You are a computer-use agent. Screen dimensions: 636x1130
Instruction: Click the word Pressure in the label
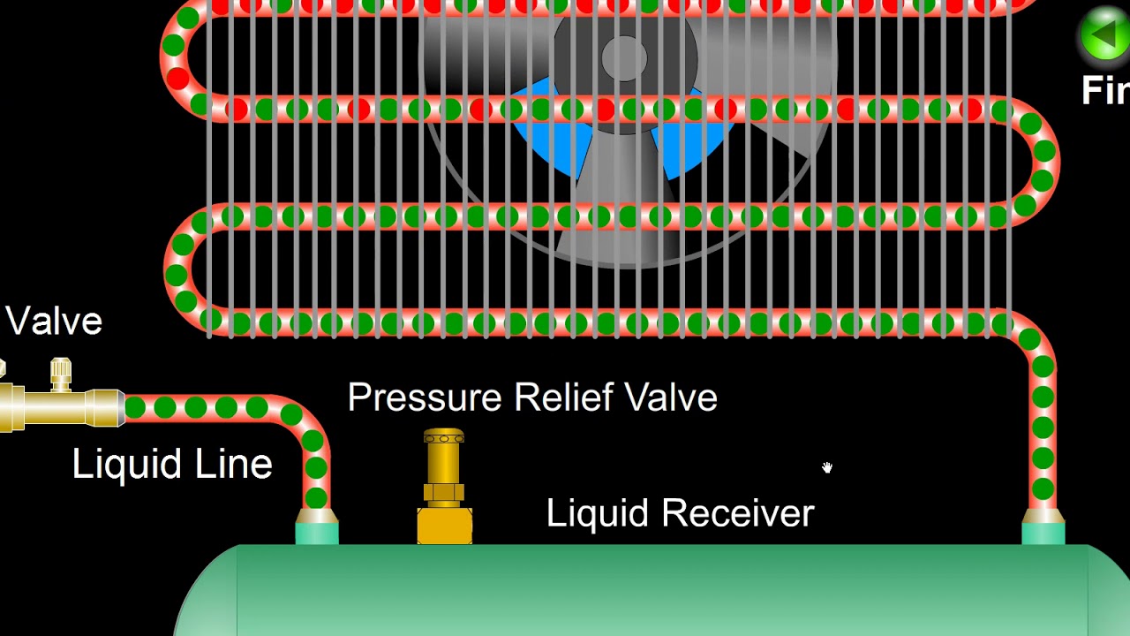[x=425, y=398]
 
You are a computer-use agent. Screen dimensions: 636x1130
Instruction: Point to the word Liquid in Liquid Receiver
[x=597, y=513]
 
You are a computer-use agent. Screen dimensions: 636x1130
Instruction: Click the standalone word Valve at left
[x=54, y=322]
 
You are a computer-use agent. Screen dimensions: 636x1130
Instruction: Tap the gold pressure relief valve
[x=444, y=485]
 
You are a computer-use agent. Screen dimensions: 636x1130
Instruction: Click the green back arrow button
[x=1104, y=36]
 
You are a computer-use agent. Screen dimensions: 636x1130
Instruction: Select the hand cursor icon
[x=827, y=467]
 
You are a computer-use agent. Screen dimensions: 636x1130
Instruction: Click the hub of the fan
[x=624, y=59]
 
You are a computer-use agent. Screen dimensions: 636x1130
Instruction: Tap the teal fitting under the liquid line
[x=317, y=532]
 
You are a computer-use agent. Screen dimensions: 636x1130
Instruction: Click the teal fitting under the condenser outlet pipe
[x=1043, y=533]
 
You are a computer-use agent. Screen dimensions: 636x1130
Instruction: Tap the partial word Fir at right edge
[x=1105, y=91]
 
